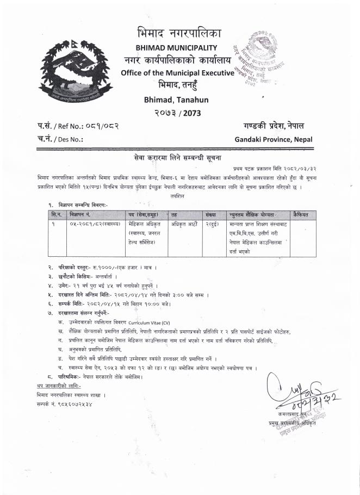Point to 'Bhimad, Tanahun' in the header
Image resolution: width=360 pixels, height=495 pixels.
click(176, 100)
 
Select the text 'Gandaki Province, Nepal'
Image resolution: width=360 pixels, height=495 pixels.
click(274, 139)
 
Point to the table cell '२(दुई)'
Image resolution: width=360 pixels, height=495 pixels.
click(213, 224)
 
